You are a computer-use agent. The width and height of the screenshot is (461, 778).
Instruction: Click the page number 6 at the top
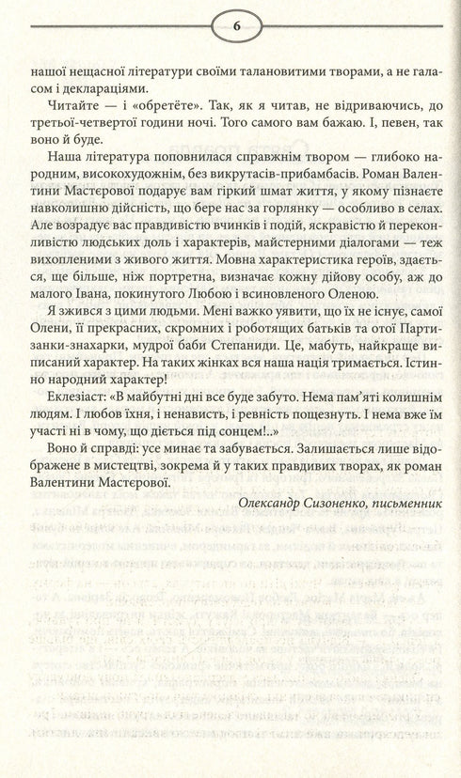[230, 25]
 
